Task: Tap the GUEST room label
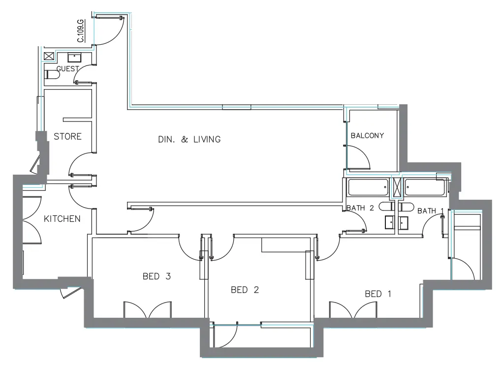(68, 69)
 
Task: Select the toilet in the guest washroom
(52, 75)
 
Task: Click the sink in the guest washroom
(75, 56)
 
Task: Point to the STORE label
(67, 136)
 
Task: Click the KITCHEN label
(62, 218)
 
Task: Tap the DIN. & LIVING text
(189, 139)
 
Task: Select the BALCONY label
(367, 135)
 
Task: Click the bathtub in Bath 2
(368, 187)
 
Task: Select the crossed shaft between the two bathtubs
(397, 187)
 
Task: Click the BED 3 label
(157, 276)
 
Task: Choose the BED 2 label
(245, 290)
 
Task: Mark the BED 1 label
(378, 294)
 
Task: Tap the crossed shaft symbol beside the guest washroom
(49, 56)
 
